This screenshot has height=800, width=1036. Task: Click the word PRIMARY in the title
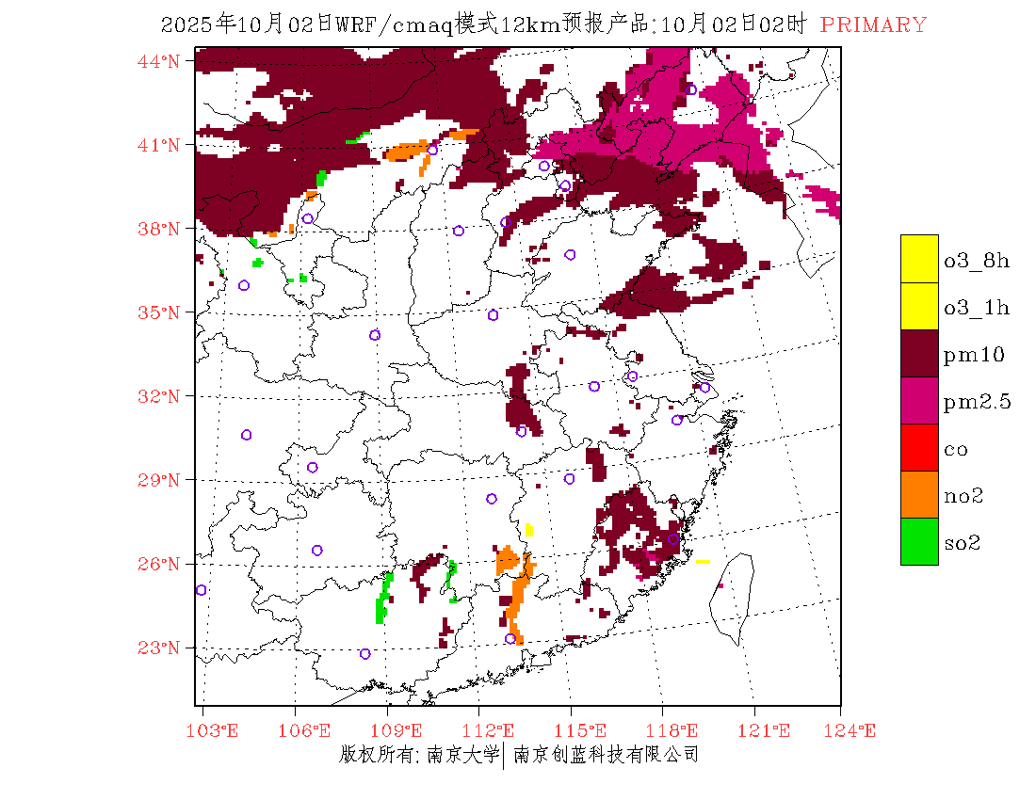[873, 25]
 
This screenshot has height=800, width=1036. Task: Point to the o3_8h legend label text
[977, 261]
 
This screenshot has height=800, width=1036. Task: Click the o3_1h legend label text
[977, 308]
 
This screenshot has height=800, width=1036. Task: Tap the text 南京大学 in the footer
[461, 754]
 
